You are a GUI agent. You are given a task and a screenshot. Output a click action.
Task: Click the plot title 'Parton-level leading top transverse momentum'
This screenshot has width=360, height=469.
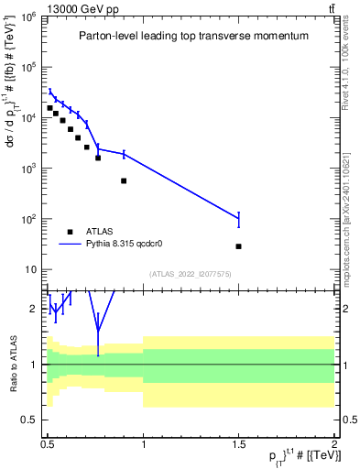click(192, 36)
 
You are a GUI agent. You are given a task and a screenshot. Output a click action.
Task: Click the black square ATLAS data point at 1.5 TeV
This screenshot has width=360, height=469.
click(238, 246)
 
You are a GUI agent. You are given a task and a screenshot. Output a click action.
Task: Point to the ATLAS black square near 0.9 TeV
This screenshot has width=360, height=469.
click(124, 180)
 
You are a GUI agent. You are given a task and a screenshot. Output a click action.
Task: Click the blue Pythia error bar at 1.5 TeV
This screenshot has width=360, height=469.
click(238, 219)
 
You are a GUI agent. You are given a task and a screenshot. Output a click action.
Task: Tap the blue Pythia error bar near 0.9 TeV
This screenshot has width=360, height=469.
click(124, 154)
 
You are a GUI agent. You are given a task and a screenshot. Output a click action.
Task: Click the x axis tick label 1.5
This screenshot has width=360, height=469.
click(238, 444)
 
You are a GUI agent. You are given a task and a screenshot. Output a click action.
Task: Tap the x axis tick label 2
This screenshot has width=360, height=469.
click(334, 444)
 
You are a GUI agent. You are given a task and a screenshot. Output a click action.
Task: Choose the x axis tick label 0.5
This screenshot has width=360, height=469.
click(48, 444)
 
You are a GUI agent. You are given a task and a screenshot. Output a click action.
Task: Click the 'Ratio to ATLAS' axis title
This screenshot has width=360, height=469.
click(14, 364)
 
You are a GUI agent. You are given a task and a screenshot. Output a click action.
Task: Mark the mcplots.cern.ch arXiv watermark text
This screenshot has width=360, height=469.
click(345, 211)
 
